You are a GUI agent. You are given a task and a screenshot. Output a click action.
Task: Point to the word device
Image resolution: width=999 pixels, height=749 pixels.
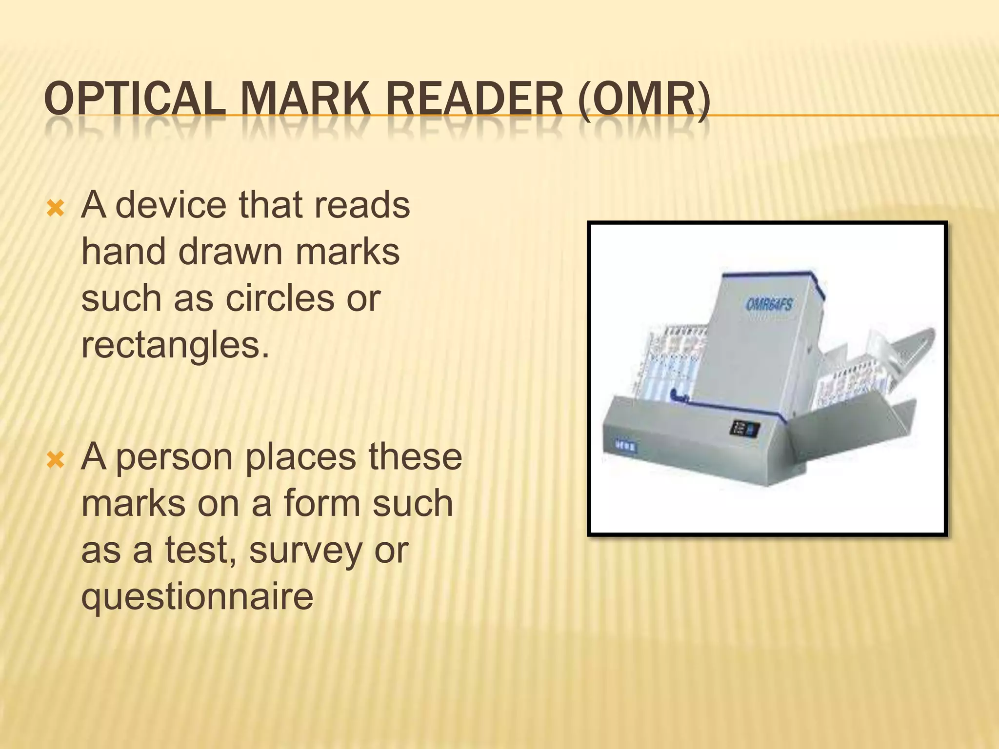tap(171, 205)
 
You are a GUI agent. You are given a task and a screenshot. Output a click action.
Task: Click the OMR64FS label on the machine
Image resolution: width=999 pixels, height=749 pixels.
tap(769, 305)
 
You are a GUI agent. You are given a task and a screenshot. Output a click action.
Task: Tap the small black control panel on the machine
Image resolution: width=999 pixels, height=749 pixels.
tap(744, 429)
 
